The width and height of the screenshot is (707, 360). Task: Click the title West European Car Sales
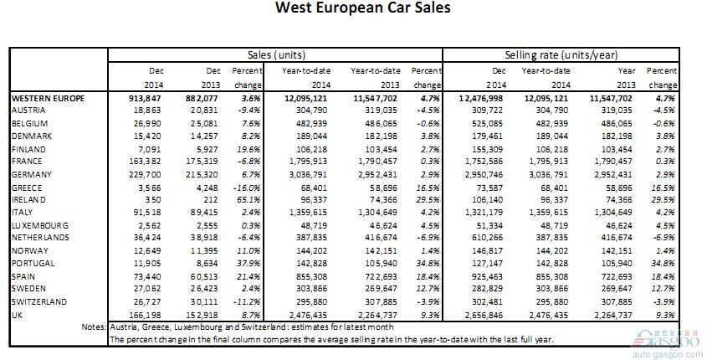[362, 8]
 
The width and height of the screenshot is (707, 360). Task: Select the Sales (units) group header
[276, 55]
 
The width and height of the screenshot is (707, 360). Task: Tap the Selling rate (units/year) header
[561, 55]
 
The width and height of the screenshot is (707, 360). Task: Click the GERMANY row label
[32, 175]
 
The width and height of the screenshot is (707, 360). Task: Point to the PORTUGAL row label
[33, 264]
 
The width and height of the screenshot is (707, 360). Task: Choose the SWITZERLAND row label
[39, 301]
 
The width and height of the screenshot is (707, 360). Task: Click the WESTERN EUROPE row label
[48, 98]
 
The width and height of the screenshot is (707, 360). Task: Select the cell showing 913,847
[145, 98]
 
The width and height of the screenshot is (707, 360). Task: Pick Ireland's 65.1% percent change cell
[248, 200]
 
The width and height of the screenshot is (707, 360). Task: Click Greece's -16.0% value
[248, 188]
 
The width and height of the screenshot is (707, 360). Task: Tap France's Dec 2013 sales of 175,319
[202, 162]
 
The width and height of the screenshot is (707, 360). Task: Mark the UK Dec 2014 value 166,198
[145, 315]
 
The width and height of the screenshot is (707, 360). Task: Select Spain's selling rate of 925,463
[486, 276]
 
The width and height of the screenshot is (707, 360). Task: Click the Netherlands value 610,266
[486, 238]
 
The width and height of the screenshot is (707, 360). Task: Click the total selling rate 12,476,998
[481, 98]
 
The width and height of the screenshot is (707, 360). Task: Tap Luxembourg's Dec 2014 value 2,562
[150, 225]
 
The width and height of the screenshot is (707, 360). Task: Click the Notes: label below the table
[94, 327]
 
